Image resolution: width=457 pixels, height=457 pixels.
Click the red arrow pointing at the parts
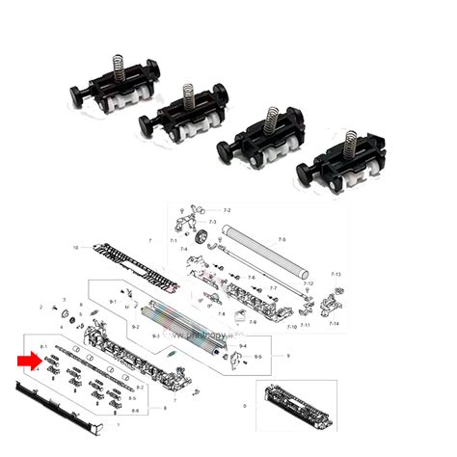(x=29, y=361)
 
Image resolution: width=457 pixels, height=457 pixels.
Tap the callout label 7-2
(x=228, y=210)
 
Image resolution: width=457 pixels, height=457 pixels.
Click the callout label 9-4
(x=243, y=345)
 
